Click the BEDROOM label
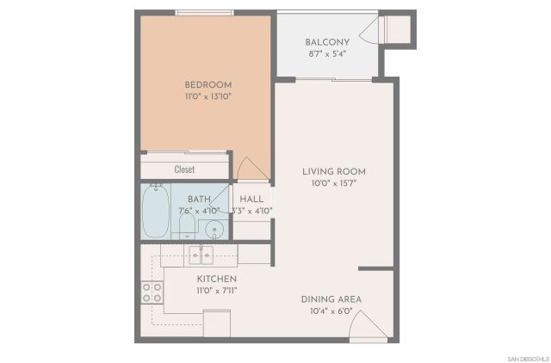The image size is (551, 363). coord(207,84)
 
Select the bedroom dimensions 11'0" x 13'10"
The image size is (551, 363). coord(207,97)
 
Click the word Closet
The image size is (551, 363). coord(185,169)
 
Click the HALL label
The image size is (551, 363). coord(251,199)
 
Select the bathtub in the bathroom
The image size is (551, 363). coord(157,211)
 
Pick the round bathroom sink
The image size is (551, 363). coord(215,229)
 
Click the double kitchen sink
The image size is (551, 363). coord(202,255)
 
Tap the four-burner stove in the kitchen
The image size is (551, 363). coord(152,292)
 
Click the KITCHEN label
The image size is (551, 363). coord(217,280)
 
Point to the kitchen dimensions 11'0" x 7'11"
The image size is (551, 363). coord(217,292)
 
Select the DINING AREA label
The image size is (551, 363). coord(331,299)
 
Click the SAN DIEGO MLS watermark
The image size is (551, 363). coord(526,357)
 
